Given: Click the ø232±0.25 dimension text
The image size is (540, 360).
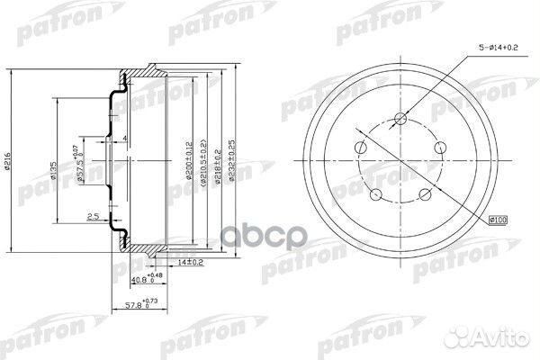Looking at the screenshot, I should click(x=233, y=162).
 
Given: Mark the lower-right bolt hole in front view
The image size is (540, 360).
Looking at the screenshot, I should click(x=426, y=193).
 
